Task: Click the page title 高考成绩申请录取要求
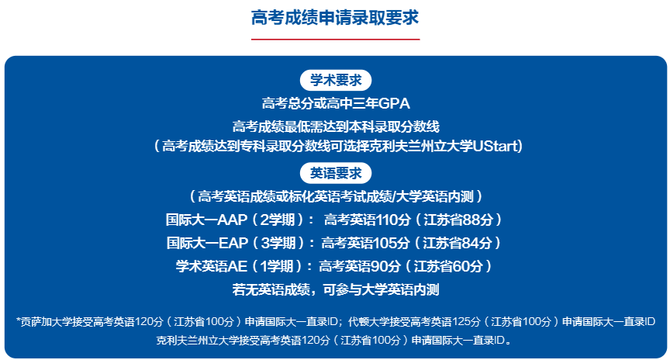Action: (335, 18)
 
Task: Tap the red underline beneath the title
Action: (336, 40)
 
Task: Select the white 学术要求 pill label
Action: (336, 81)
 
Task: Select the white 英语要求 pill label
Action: (336, 174)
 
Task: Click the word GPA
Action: (394, 103)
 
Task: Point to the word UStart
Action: (496, 146)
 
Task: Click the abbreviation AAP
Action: (233, 220)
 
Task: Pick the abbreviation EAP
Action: (233, 243)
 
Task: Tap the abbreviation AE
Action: (237, 266)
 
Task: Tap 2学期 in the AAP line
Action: (278, 220)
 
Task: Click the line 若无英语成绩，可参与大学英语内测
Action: (336, 290)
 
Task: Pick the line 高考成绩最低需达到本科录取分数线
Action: (336, 126)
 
